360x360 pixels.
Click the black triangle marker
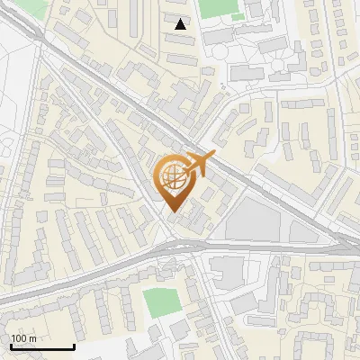[x=181, y=24]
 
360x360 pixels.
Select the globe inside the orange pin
[x=173, y=178]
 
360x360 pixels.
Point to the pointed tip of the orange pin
[x=174, y=213]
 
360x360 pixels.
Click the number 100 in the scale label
[x=19, y=338]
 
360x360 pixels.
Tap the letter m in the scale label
[x=32, y=338]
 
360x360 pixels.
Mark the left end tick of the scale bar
[x=11, y=346]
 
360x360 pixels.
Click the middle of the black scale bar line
[x=42, y=348]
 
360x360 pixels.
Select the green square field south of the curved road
[x=161, y=301]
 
